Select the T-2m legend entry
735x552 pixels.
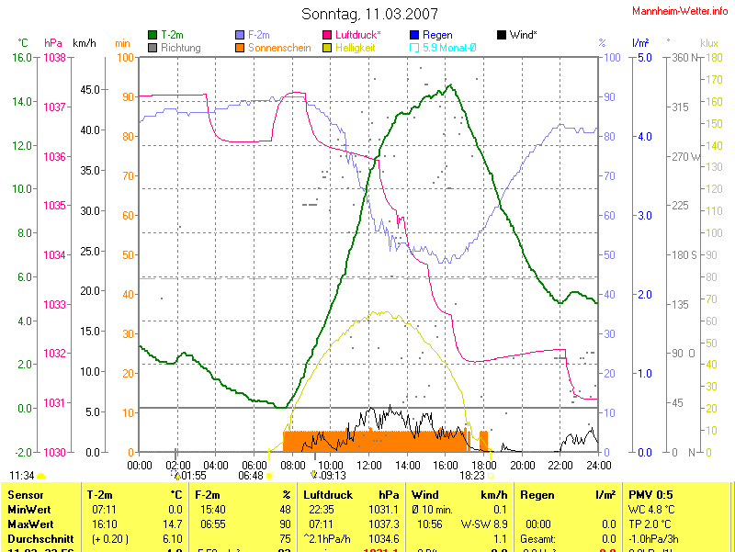coord(172,35)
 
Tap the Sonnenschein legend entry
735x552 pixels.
coord(279,47)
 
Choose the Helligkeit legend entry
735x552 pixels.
coord(356,47)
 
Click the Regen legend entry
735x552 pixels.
coord(437,35)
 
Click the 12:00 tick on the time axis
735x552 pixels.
coord(369,465)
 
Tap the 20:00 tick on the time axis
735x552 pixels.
coord(522,465)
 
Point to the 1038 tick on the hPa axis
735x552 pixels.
coord(54,57)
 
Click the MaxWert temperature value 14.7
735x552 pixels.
coord(174,524)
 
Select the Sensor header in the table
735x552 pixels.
coord(25,495)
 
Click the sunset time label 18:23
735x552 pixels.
coord(472,476)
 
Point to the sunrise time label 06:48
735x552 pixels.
coord(251,476)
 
